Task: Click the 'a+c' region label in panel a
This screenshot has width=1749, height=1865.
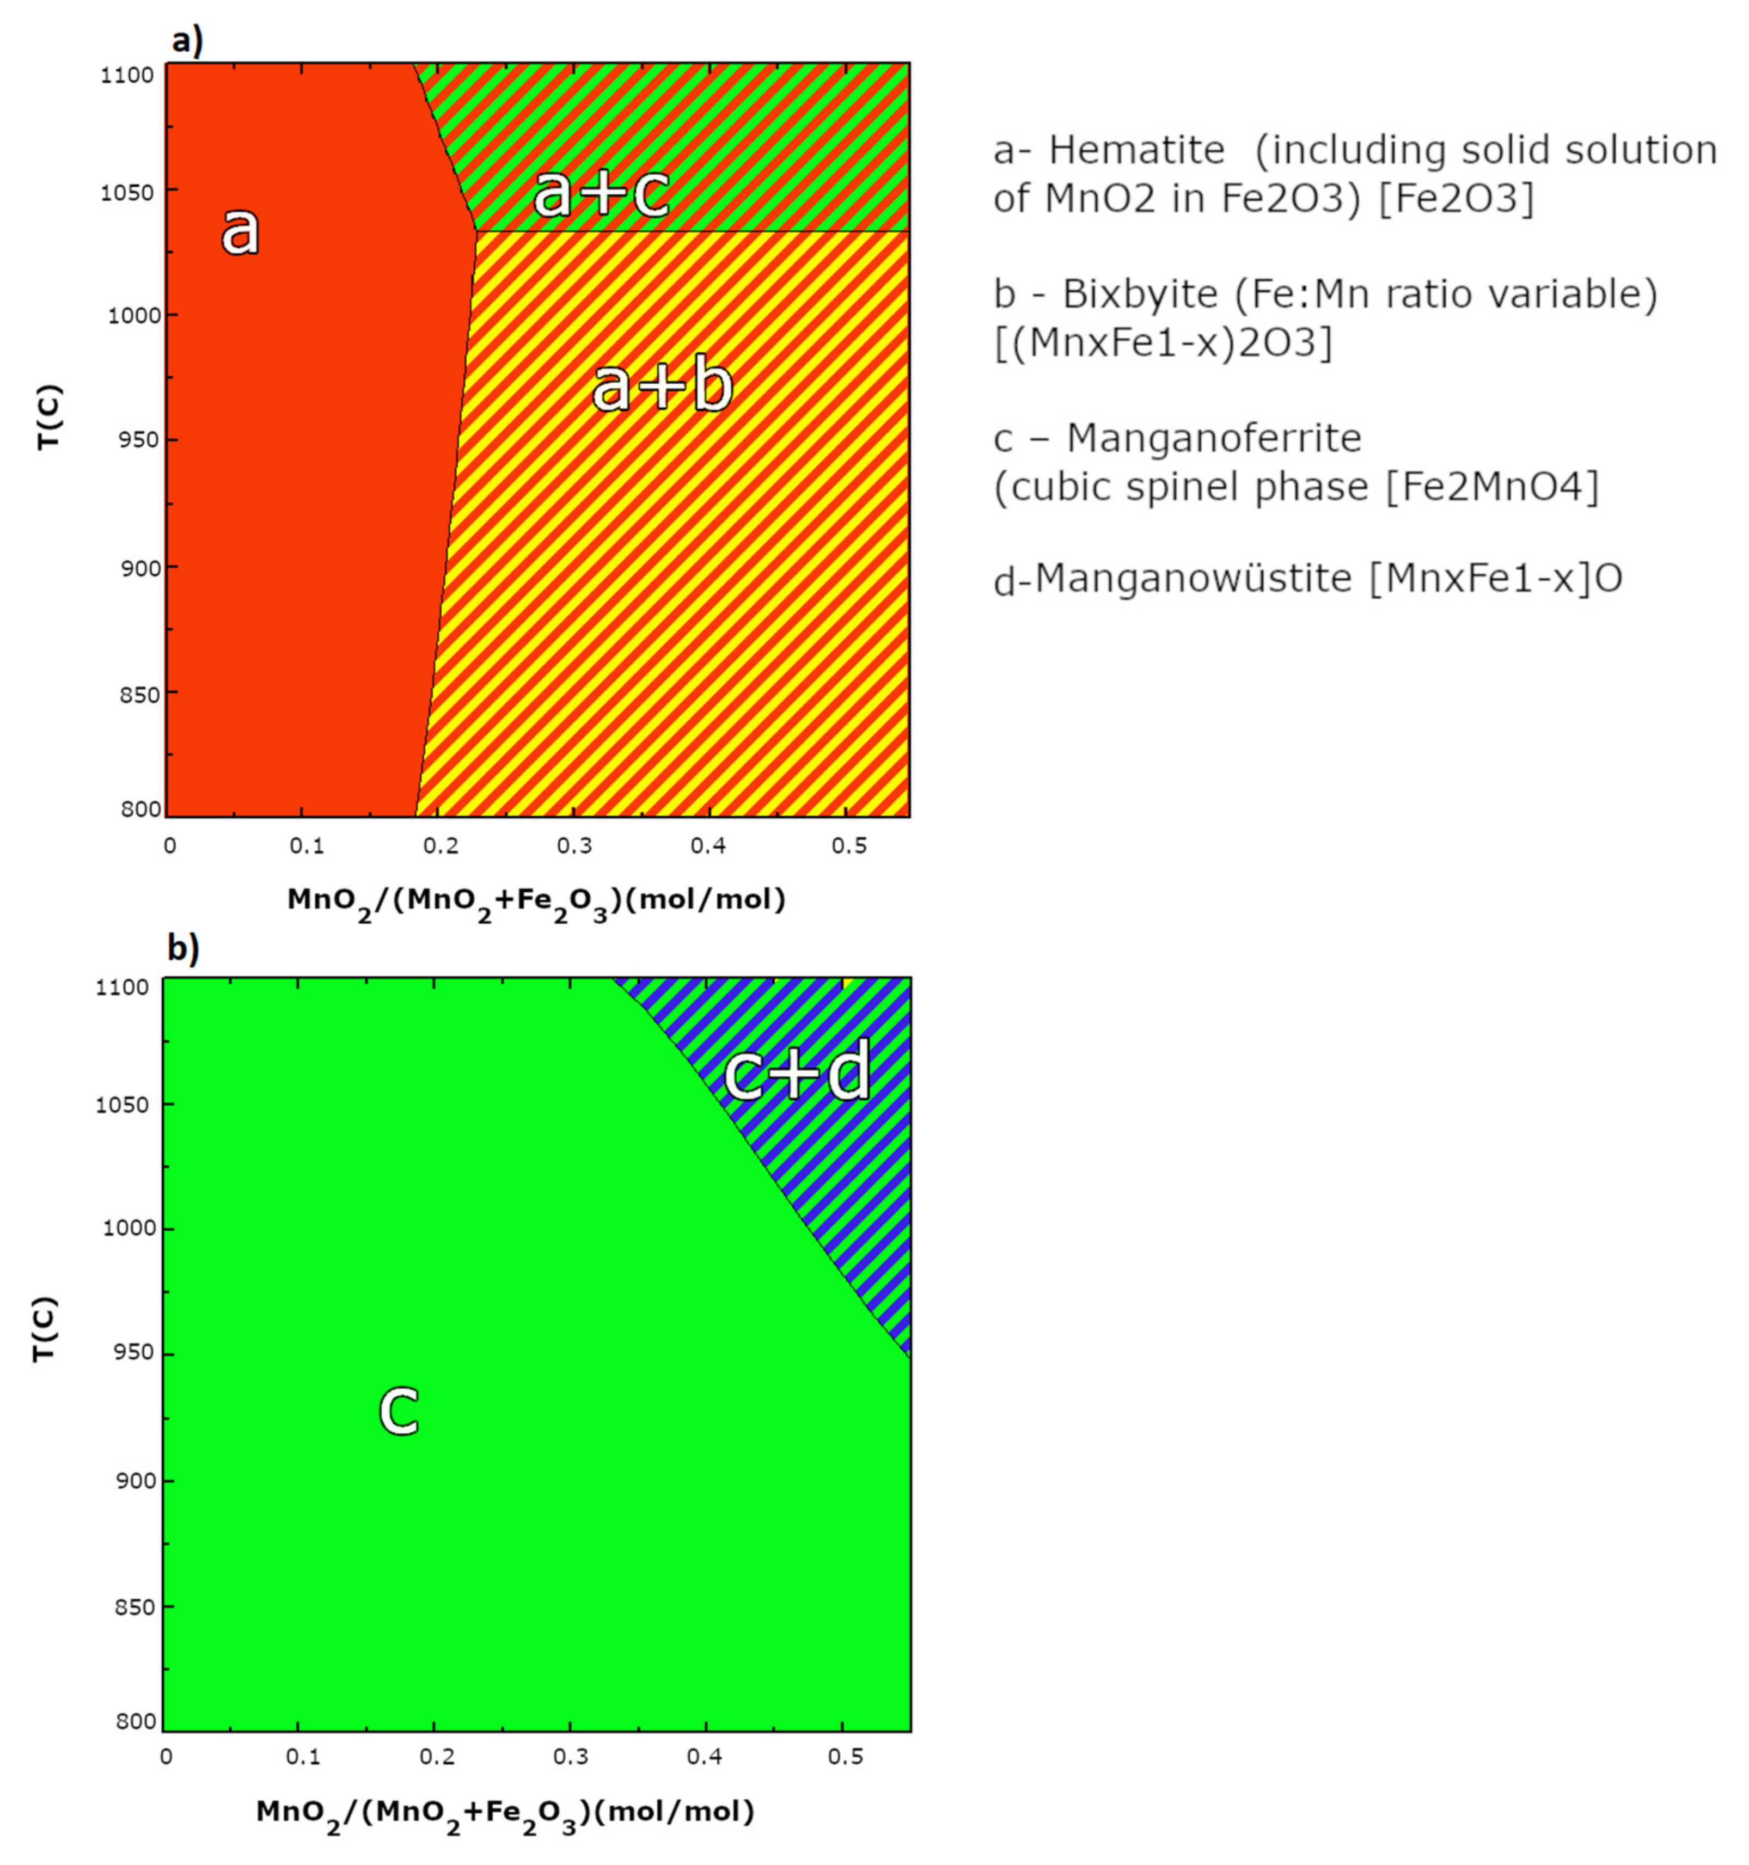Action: pyautogui.click(x=601, y=194)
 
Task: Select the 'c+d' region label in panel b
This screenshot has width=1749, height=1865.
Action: pyautogui.click(x=797, y=1071)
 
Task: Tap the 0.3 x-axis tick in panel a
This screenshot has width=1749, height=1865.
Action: pyautogui.click(x=574, y=846)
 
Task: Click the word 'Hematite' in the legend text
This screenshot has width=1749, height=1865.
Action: pyautogui.click(x=1136, y=150)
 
